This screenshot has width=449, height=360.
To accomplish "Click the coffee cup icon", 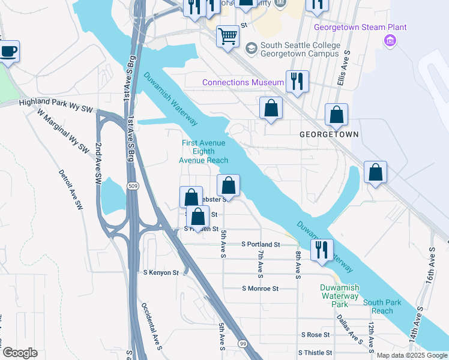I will click(8, 51).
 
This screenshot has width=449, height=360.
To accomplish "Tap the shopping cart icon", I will click(228, 37).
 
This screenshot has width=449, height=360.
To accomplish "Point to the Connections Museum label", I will click(243, 82).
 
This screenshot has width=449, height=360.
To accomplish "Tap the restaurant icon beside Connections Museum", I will click(297, 80).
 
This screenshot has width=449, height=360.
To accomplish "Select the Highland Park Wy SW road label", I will click(56, 103).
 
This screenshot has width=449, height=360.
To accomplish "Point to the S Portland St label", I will click(261, 245).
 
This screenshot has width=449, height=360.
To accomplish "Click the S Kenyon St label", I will click(161, 272).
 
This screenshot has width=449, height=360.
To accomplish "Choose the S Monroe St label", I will click(261, 289).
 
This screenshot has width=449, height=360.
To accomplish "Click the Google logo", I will click(20, 353).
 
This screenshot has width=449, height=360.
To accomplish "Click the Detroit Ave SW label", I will click(70, 190).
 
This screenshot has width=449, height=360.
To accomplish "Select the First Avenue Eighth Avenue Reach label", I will click(204, 151).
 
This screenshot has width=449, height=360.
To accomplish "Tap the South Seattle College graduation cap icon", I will click(251, 47).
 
